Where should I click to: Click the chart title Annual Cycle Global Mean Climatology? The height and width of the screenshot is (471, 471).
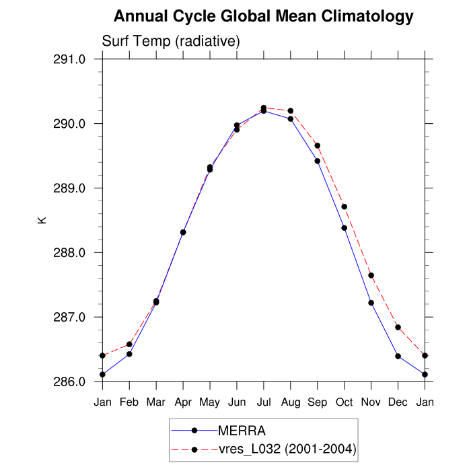point(264,16)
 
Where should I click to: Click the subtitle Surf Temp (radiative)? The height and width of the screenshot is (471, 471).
point(171,42)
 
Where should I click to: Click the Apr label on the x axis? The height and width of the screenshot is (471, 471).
point(183,402)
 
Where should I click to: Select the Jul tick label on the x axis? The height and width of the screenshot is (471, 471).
point(264,402)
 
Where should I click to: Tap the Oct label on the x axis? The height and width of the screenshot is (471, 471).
point(345,402)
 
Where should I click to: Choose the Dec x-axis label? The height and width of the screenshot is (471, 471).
point(398,402)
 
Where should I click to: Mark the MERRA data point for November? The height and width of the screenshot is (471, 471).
point(371,303)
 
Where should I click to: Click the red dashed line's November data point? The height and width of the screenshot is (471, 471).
point(371,275)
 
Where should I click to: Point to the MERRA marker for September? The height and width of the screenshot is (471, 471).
point(318,161)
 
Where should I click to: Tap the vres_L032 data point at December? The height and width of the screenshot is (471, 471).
point(398,328)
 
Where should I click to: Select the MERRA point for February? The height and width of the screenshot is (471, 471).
point(129,354)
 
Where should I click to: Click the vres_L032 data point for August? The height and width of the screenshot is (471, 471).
point(291,111)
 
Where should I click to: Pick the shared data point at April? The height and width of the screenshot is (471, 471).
point(183,232)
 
